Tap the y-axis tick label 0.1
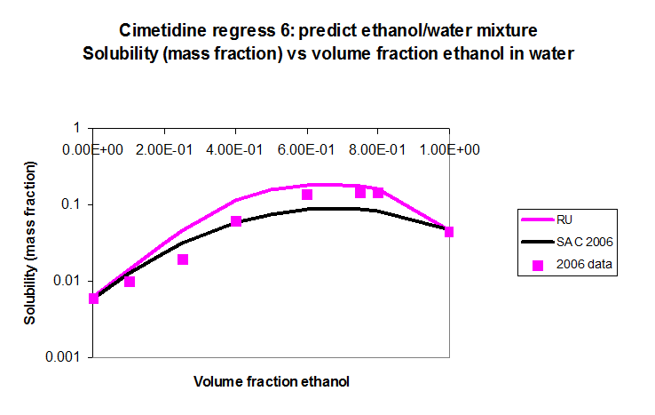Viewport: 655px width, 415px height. click(71, 204)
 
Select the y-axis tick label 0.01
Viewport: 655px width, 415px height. click(67, 280)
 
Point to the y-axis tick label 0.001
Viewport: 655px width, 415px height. click(63, 357)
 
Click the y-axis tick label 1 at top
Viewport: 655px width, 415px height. click(76, 128)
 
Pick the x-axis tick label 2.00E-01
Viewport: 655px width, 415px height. click(164, 150)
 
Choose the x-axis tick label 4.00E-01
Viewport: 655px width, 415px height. click(235, 150)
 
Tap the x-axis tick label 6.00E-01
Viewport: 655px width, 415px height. click(306, 150)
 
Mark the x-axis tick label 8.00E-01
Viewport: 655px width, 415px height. click(377, 150)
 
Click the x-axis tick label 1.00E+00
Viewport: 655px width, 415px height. click(449, 150)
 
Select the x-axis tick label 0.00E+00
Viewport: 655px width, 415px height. click(92, 150)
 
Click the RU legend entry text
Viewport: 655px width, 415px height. click(564, 219)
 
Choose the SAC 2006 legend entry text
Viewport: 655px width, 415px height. click(585, 242)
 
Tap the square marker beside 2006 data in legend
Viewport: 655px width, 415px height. click(538, 265)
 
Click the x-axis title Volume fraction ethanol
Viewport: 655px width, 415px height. click(272, 381)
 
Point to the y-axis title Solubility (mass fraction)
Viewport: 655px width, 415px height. click(30, 243)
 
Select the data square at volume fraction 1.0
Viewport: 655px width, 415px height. click(448, 232)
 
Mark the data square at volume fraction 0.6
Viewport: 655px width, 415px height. click(307, 195)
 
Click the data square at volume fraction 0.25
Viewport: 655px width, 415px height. click(183, 259)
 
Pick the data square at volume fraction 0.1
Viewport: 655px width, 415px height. click(130, 282)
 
